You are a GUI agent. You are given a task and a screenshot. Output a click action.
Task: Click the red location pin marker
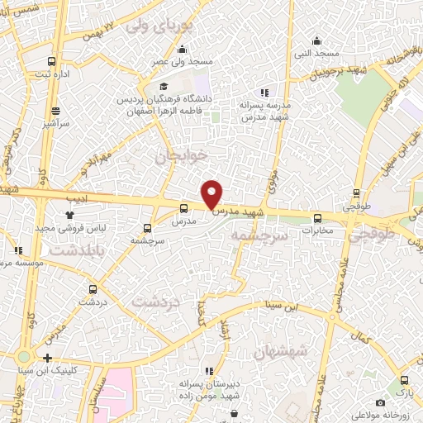tap(212, 194)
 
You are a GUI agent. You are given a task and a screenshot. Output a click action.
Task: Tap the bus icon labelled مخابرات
tap(318, 218)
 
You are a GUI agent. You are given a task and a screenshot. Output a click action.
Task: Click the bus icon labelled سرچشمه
tap(148, 227)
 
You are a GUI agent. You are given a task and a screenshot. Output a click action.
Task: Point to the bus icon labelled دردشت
tap(92, 289)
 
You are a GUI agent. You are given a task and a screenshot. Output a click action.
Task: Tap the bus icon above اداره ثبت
tap(53, 62)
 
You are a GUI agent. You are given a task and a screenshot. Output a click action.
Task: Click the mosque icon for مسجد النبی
tap(316, 41)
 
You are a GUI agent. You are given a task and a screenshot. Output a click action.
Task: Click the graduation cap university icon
tap(164, 86)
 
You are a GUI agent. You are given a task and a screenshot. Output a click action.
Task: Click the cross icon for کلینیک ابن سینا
tap(47, 359)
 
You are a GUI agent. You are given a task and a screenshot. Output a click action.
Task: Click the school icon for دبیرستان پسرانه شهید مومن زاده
tap(209, 372)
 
